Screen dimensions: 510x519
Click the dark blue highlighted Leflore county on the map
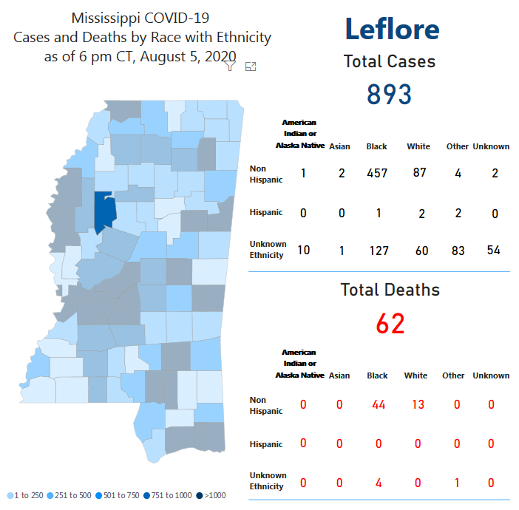(105, 212)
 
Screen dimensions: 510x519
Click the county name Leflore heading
(392, 29)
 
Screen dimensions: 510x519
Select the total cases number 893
(389, 94)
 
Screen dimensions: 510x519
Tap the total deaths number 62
(390, 323)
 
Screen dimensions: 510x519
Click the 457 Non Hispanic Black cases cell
(377, 174)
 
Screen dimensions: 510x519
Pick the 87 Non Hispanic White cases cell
(418, 172)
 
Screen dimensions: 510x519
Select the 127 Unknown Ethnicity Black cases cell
(377, 251)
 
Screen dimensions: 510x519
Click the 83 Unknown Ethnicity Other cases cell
(458, 251)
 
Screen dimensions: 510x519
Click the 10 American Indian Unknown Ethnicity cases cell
(303, 249)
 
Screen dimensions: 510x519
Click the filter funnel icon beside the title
(230, 67)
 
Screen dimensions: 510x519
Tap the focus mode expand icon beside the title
(251, 67)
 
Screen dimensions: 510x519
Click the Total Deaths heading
(390, 290)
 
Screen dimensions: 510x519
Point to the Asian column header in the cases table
(339, 146)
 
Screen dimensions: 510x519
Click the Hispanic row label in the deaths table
(265, 444)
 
